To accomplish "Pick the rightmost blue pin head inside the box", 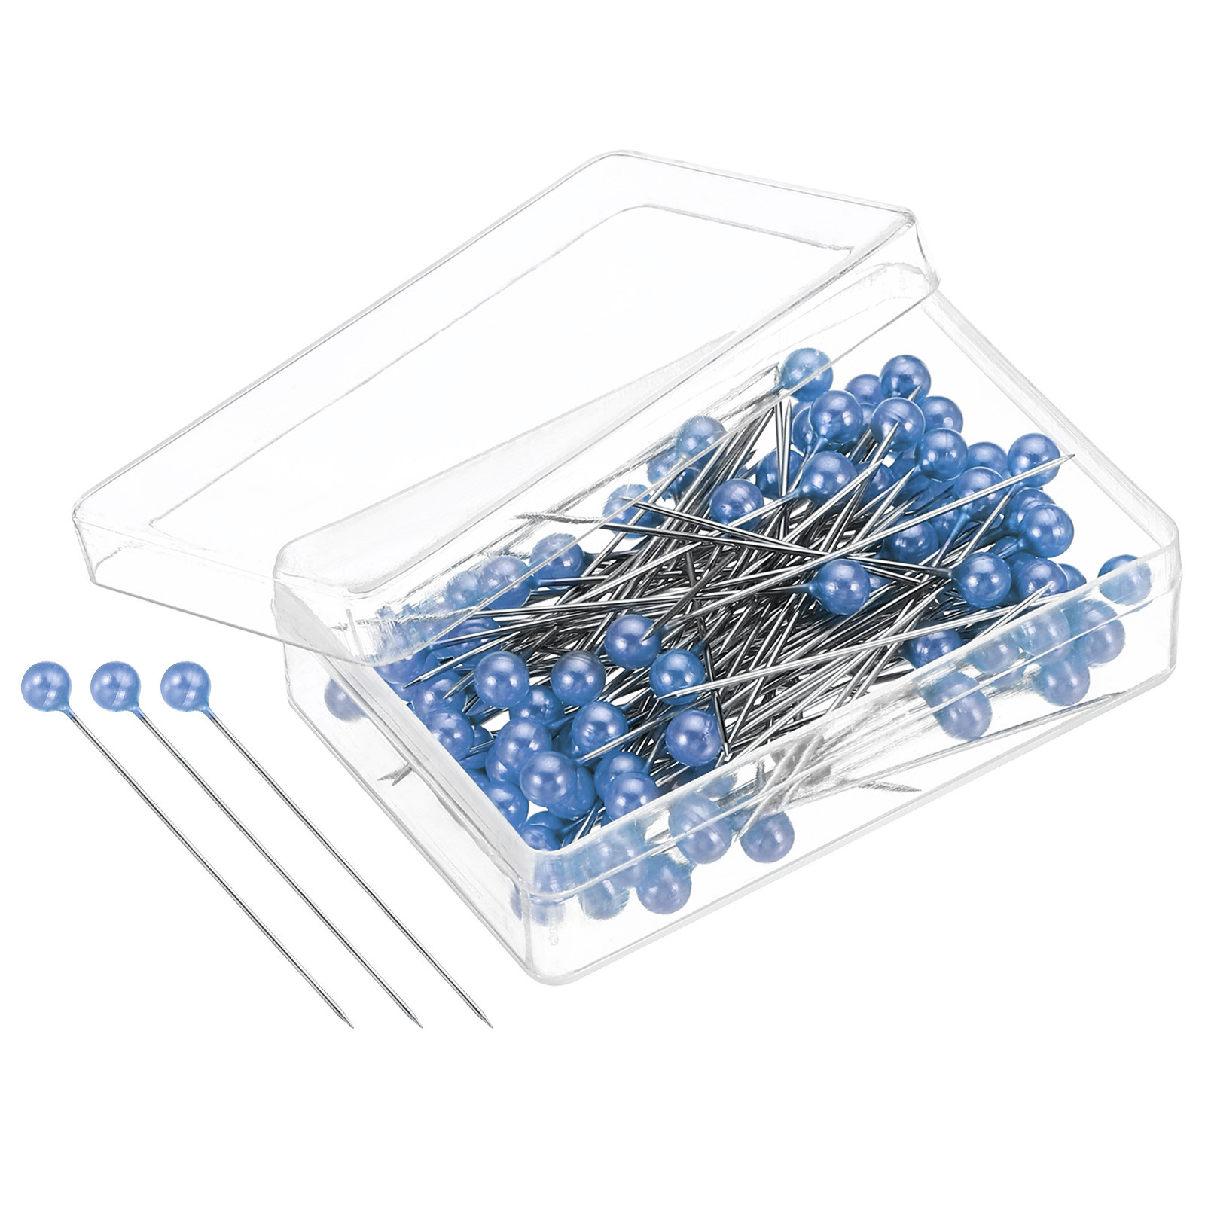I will [1125, 579].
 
